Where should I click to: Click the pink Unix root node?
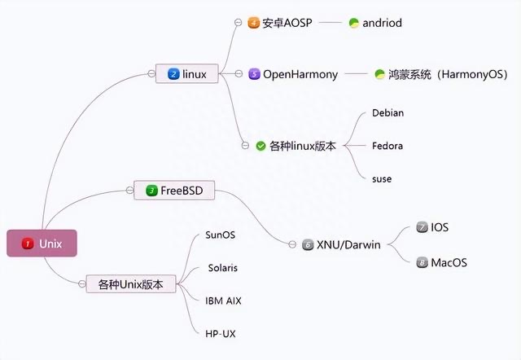coord(42,244)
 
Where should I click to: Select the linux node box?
coord(188,74)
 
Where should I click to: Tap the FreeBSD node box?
coord(174,191)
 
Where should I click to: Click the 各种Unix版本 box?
coord(130,284)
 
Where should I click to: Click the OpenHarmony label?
coord(300,74)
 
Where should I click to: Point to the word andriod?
coord(382,23)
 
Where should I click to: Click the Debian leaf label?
coord(387,113)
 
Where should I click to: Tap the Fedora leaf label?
coord(387,146)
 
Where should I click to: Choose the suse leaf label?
coord(382,178)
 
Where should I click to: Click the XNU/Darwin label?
coord(348,244)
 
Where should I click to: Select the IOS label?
coord(440,227)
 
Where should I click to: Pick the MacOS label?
coord(449,262)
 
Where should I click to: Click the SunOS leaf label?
coord(221,235)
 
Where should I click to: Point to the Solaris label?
coord(223,267)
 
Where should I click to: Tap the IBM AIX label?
coord(224,301)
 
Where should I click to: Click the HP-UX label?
coord(221,333)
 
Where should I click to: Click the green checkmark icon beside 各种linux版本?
coord(260,146)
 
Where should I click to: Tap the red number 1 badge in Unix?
coord(28,244)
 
